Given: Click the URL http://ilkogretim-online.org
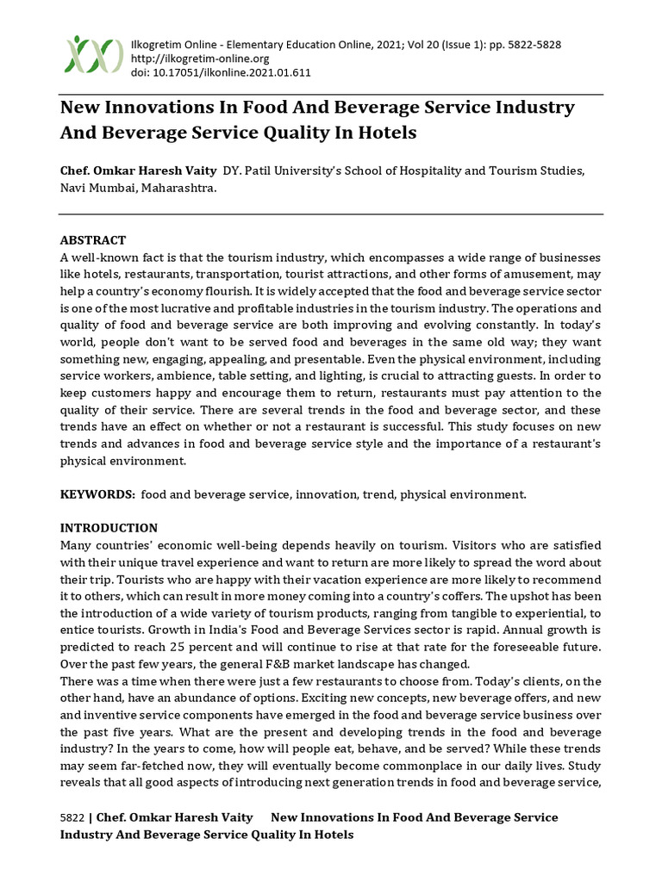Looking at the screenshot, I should pos(199,59).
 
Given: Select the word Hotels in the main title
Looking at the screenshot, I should pos(385,133).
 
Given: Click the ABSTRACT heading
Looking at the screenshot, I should pos(93,240).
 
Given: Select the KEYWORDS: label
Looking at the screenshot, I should pos(97,494).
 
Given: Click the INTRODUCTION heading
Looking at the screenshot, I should pos(109,528).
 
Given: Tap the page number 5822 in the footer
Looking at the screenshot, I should pos(72,817).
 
